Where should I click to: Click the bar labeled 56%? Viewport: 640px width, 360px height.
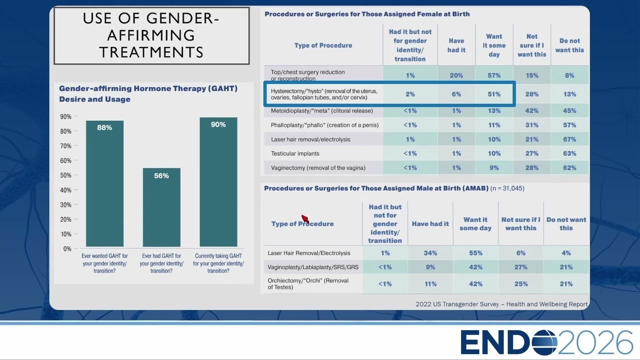pyautogui.click(x=161, y=207)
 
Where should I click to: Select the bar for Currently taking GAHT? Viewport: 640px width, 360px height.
pyautogui.click(x=218, y=182)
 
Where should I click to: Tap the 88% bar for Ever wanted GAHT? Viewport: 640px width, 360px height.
pyautogui.click(x=104, y=183)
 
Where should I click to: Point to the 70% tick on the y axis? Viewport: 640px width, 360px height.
pyautogui.click(x=65, y=146)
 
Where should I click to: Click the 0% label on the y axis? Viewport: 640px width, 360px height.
pyautogui.click(x=67, y=248)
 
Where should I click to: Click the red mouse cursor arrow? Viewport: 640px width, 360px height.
pyautogui.click(x=305, y=219)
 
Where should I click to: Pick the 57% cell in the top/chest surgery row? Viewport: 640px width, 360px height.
pyautogui.click(x=494, y=75)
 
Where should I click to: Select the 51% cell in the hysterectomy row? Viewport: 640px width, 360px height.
pyautogui.click(x=494, y=94)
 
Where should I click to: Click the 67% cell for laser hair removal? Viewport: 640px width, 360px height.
pyautogui.click(x=569, y=139)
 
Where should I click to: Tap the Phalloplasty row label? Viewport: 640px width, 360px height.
pyautogui.click(x=324, y=125)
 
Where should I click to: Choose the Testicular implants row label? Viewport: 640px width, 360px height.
pyautogui.click(x=295, y=153)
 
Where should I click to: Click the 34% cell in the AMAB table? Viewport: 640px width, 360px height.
pyautogui.click(x=430, y=253)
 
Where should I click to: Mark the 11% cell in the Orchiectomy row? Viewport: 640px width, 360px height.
pyautogui.click(x=430, y=283)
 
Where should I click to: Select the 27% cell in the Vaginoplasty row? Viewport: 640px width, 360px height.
pyautogui.click(x=521, y=267)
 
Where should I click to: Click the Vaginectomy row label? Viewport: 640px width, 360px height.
pyautogui.click(x=318, y=167)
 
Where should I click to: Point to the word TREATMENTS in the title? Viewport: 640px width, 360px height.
pyautogui.click(x=151, y=52)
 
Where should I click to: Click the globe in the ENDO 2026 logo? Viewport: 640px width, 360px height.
pyautogui.click(x=544, y=342)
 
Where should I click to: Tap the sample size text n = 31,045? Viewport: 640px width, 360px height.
pyautogui.click(x=507, y=188)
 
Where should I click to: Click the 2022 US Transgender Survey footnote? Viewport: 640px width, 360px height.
pyautogui.click(x=501, y=304)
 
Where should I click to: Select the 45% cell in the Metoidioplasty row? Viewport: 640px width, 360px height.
pyautogui.click(x=569, y=110)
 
